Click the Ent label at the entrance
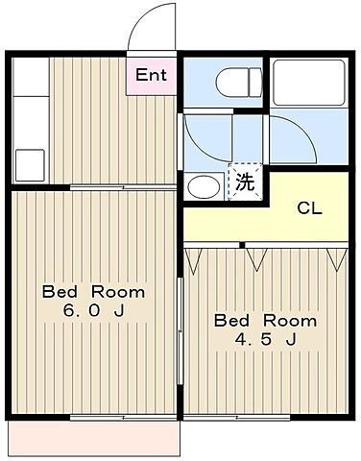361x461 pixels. [x=152, y=75]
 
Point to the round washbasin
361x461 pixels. [x=203, y=185]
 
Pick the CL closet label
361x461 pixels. [x=308, y=208]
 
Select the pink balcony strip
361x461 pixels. [x=94, y=439]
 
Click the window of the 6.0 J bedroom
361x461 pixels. [x=96, y=418]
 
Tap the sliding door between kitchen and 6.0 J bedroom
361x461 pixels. [x=123, y=187]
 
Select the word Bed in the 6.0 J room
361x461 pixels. [x=60, y=291]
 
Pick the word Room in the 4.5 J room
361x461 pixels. [x=290, y=320]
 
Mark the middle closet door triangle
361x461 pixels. [x=255, y=256]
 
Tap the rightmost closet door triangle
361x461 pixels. [x=336, y=256]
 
